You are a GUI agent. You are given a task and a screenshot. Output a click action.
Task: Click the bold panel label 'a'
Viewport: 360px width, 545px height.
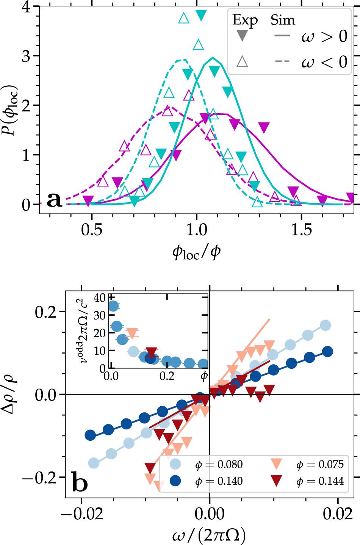tap(54, 200)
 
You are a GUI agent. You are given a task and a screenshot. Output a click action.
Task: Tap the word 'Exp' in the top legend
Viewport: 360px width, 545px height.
tap(245, 20)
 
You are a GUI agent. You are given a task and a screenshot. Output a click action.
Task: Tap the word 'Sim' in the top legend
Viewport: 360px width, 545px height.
tap(283, 20)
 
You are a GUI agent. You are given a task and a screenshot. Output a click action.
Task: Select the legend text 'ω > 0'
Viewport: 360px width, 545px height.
tap(324, 37)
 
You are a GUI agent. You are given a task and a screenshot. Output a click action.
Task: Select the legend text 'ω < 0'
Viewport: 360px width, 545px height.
tap(324, 61)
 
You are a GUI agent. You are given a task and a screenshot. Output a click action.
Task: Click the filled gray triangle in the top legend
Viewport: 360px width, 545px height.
tap(242, 36)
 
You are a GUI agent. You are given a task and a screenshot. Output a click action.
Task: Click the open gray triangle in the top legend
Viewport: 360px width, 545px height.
tap(242, 61)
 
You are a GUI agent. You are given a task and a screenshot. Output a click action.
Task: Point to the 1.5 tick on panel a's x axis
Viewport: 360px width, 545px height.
tap(302, 230)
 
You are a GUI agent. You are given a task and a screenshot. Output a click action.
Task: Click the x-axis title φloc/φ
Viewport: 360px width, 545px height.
tap(196, 252)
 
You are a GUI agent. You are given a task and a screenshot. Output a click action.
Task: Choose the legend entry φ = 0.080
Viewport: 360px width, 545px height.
tap(219, 465)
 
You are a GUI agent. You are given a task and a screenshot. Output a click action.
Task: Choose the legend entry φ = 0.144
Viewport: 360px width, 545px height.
tap(320, 481)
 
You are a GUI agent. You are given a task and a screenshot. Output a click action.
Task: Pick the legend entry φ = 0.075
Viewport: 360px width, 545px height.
tap(320, 465)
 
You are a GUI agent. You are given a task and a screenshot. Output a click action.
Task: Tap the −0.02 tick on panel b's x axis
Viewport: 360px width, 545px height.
tap(81, 514)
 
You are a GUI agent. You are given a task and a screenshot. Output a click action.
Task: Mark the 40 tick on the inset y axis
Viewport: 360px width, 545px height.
tap(100, 298)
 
